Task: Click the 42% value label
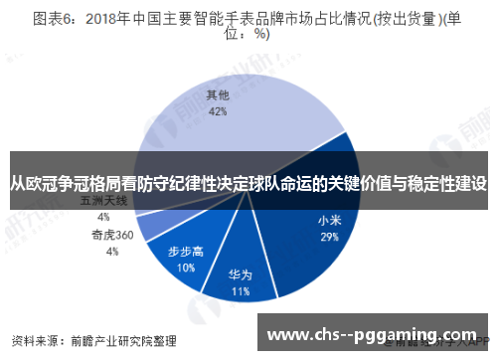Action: click(218, 112)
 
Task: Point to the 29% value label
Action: click(329, 238)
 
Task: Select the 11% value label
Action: click(240, 292)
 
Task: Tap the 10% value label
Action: click(186, 268)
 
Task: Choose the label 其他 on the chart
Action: click(218, 96)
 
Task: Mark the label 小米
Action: click(329, 221)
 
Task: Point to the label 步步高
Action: click(186, 252)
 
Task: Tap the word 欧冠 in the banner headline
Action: click(48, 184)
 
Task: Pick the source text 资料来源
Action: click(33, 339)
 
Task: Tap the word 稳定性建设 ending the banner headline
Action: click(446, 184)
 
